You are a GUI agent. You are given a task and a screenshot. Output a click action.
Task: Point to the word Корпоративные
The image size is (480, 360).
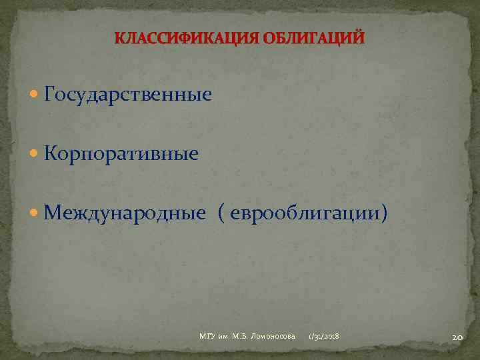click(121, 154)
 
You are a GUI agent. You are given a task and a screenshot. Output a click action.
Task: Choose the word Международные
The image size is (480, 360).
click(125, 213)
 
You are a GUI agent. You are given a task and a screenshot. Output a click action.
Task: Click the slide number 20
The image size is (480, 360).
click(457, 337)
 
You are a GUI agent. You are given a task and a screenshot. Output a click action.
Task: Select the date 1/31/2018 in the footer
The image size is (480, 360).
click(323, 335)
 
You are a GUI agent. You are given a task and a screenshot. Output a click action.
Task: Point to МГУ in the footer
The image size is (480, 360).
click(207, 335)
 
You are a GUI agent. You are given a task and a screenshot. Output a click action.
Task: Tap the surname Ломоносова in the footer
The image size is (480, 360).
click(274, 335)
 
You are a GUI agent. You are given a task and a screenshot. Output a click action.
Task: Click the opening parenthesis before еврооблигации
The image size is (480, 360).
click(221, 214)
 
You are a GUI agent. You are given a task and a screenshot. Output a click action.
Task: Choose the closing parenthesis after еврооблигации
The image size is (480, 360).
click(383, 214)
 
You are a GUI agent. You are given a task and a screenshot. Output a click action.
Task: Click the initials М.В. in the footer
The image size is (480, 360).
click(241, 335)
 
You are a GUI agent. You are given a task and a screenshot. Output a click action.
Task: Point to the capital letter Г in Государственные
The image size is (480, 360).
click(49, 95)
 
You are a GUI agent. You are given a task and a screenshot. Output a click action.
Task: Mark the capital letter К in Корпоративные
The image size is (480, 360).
click(50, 154)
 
